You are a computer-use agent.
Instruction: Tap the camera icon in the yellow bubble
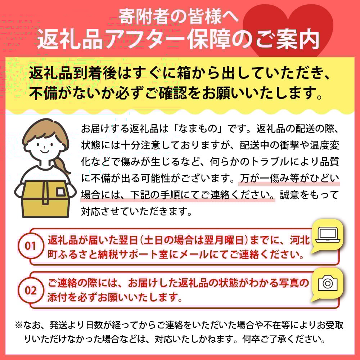[x=328, y=283]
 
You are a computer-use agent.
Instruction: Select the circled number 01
[x=31, y=246]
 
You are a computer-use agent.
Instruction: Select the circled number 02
[x=31, y=291]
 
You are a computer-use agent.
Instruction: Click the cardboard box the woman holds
[x=45, y=199]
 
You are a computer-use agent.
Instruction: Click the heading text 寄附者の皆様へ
[x=179, y=17]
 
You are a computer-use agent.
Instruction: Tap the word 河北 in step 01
[x=300, y=240]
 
